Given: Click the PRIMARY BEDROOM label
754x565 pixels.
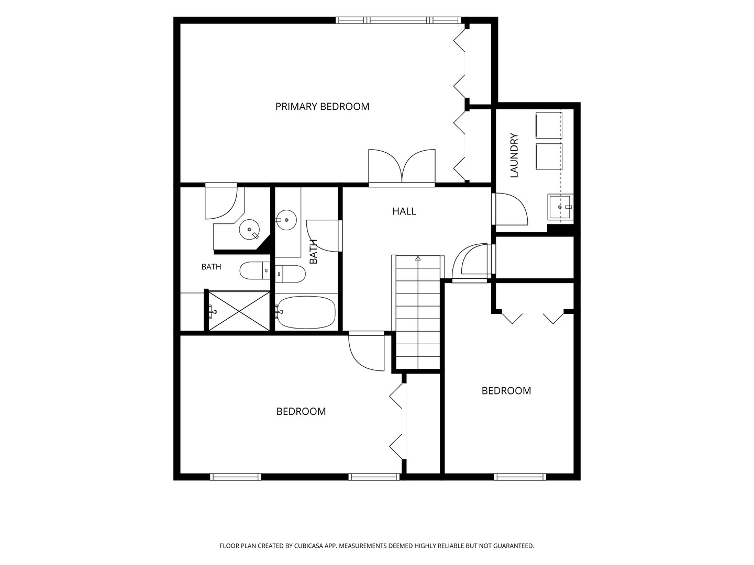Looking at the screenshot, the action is pos(322,107).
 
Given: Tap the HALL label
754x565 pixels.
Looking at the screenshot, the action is pos(404,211).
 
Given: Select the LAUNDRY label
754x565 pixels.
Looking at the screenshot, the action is pos(514,155).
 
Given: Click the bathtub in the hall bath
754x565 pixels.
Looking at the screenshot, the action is pos(306,312).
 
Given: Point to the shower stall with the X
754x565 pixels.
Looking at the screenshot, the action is pos(239,311).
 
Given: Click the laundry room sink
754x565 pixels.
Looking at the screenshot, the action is pos(560,207).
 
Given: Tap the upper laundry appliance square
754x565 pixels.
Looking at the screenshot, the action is pos(549,126).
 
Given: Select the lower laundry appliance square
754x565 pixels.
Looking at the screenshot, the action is pos(549,157).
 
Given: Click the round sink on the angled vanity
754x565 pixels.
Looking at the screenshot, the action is pos(249,230).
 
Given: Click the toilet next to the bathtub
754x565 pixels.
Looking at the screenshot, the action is pos(290,274).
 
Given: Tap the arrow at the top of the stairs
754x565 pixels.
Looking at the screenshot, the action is pos(418,258).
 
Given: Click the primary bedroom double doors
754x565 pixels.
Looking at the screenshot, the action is pos(402,167).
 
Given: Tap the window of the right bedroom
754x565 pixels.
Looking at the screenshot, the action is pos(520,477).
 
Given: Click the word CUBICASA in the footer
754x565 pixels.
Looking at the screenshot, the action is pos(309,546).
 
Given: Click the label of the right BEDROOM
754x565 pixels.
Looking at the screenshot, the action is pos(506,391).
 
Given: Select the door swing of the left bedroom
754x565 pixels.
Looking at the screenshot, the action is pos(366,351).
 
